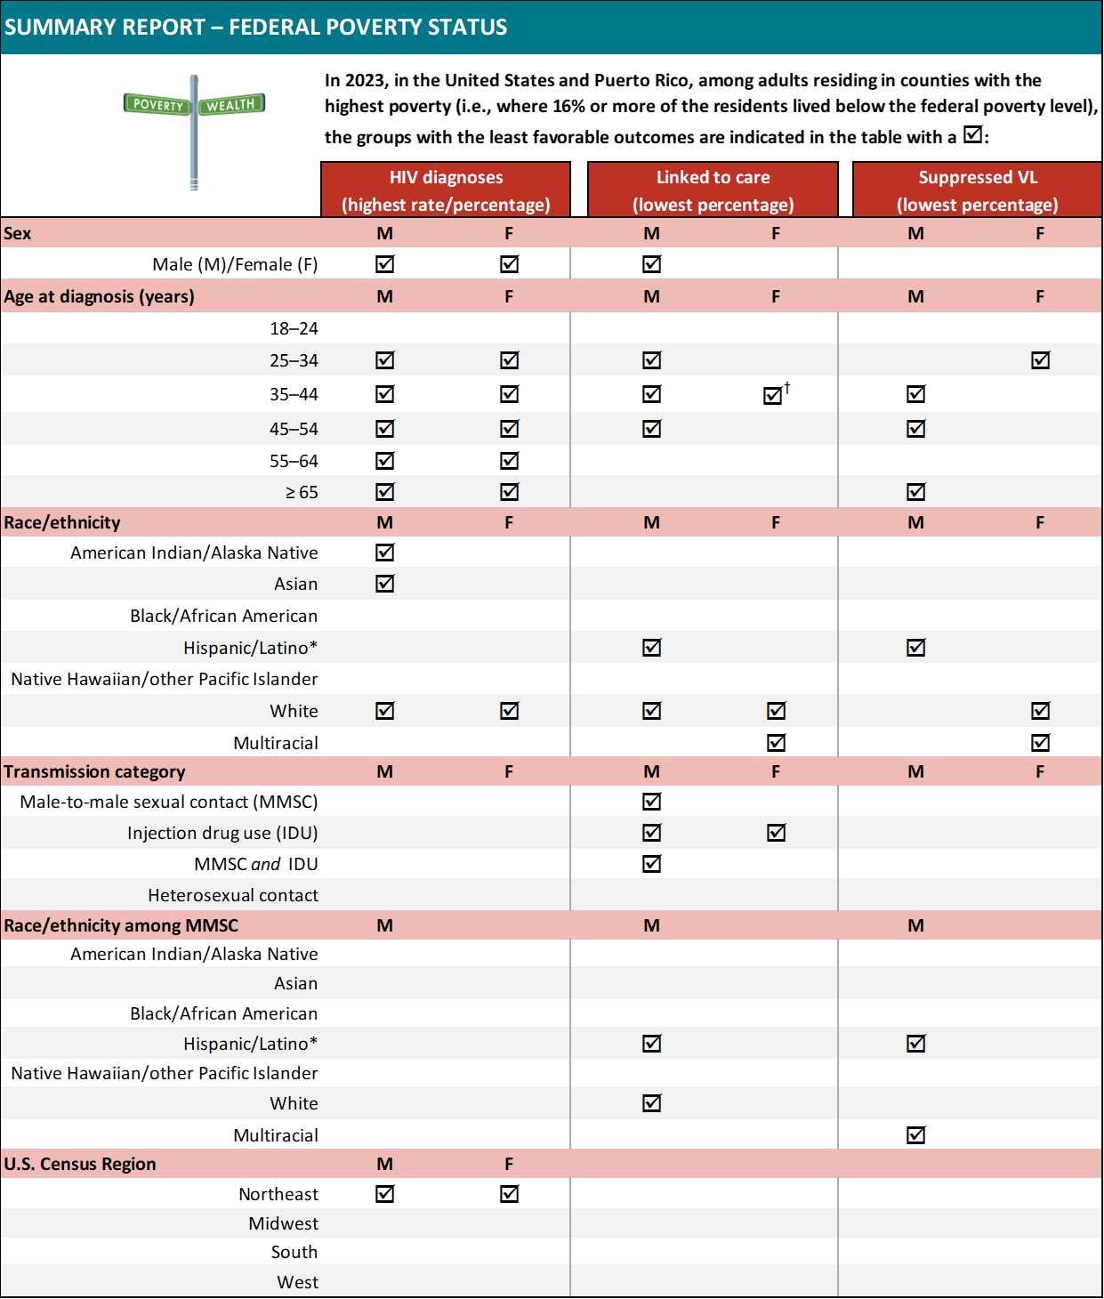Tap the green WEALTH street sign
pyautogui.click(x=231, y=104)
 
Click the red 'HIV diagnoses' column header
pyautogui.click(x=446, y=190)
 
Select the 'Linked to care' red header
pyautogui.click(x=713, y=190)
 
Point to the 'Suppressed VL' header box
pyautogui.click(x=977, y=190)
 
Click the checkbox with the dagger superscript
pyautogui.click(x=773, y=395)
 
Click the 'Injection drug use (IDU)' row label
pyautogui.click(x=222, y=833)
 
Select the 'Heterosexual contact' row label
pyautogui.click(x=233, y=895)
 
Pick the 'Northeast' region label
pyautogui.click(x=278, y=1194)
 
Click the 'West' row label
pyautogui.click(x=297, y=1282)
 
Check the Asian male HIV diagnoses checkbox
pyautogui.click(x=384, y=584)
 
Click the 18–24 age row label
pyautogui.click(x=294, y=328)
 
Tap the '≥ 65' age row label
pyautogui.click(x=302, y=492)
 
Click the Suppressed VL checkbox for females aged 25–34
pyautogui.click(x=1040, y=360)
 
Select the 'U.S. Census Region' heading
pyautogui.click(x=80, y=1164)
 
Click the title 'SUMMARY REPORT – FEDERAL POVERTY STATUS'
pyautogui.click(x=256, y=28)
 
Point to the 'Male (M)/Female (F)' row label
pyautogui.click(x=235, y=264)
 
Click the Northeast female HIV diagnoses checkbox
pyautogui.click(x=509, y=1194)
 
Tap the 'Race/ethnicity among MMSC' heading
pyautogui.click(x=121, y=925)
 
